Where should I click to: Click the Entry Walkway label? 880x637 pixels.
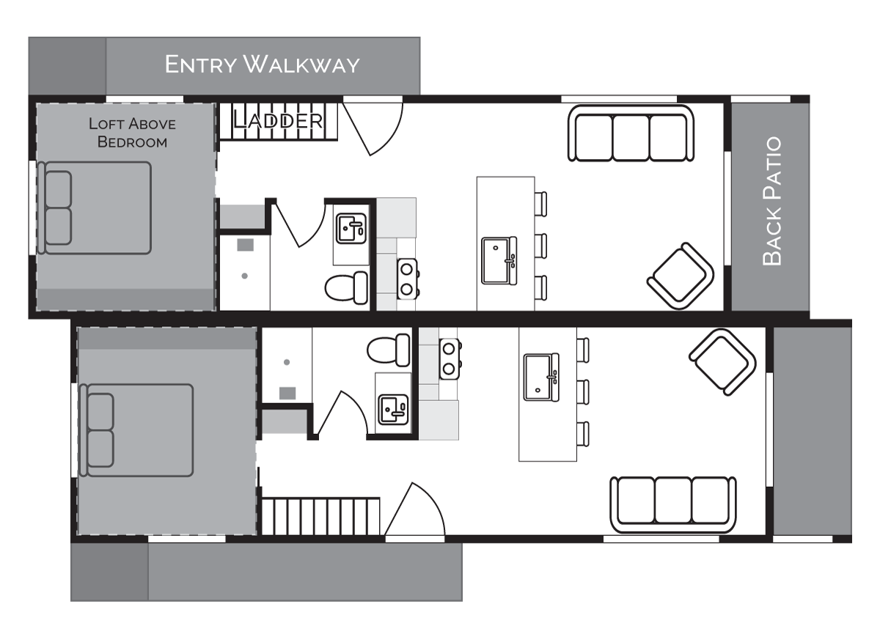(x=262, y=65)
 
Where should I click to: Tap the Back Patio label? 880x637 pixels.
(x=771, y=201)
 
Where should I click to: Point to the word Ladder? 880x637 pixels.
(x=278, y=120)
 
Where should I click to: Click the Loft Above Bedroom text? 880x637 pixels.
(x=133, y=133)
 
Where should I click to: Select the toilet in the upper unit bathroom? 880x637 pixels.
(x=346, y=287)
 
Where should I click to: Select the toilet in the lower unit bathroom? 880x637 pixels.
(x=389, y=350)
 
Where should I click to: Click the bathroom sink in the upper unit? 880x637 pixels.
(x=351, y=229)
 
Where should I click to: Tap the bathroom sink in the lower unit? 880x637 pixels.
(x=393, y=410)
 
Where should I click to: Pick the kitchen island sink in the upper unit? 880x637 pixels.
(x=499, y=261)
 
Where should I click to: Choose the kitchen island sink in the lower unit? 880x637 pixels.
(x=541, y=377)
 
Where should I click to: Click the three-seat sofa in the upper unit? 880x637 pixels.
(x=631, y=133)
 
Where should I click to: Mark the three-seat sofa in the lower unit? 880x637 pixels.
(x=673, y=505)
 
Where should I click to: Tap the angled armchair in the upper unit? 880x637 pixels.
(x=681, y=276)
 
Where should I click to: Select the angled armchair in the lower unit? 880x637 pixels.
(x=722, y=362)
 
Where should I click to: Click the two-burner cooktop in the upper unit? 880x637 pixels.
(x=408, y=279)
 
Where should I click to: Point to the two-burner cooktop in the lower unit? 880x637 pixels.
(x=450, y=359)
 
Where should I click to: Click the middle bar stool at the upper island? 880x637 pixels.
(x=540, y=246)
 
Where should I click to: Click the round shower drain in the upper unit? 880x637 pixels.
(x=244, y=276)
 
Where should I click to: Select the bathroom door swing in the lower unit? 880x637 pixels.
(x=342, y=413)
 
